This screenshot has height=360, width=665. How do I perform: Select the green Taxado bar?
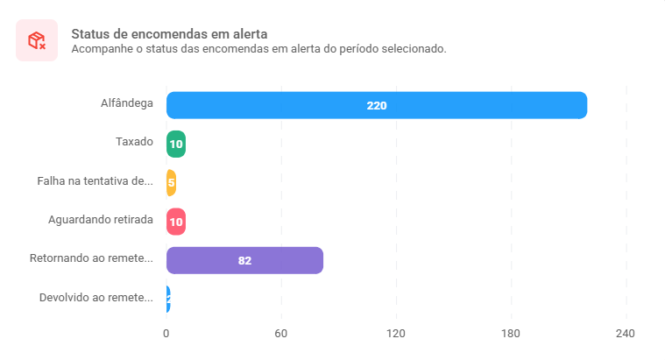[x=176, y=144]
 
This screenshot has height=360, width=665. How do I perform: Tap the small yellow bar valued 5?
[x=172, y=183]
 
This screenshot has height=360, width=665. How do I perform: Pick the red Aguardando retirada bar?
[x=176, y=222]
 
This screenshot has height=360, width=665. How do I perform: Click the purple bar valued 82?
[x=244, y=260]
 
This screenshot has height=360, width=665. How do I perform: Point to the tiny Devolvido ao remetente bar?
[x=168, y=299]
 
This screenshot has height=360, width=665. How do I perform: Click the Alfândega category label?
[x=127, y=103]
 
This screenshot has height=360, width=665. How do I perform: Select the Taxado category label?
[x=134, y=142]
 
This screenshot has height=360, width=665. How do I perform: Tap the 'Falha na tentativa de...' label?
[x=96, y=181]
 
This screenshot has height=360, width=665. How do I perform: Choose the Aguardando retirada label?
[x=101, y=220]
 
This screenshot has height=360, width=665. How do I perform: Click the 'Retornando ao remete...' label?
[x=91, y=258]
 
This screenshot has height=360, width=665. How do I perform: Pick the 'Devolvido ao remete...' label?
[x=96, y=298]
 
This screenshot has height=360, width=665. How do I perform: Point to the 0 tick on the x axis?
[x=166, y=334]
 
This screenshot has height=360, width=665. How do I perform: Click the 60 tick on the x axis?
[x=281, y=334]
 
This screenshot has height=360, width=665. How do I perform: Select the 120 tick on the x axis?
[x=396, y=334]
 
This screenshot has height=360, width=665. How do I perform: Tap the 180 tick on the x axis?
[x=511, y=334]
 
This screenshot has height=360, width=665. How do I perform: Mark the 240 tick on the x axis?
[x=626, y=334]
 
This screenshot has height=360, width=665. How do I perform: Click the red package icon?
[x=37, y=40]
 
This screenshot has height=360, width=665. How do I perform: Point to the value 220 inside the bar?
[x=377, y=105]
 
